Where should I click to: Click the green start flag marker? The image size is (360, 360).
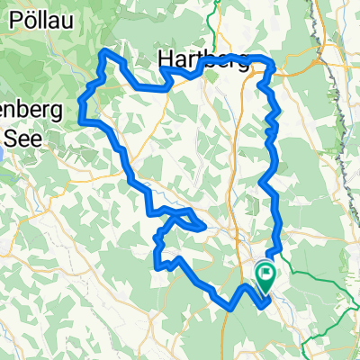tap(266, 274)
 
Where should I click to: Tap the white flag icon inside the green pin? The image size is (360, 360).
tap(266, 272)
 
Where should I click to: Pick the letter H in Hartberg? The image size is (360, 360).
tap(166, 60)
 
